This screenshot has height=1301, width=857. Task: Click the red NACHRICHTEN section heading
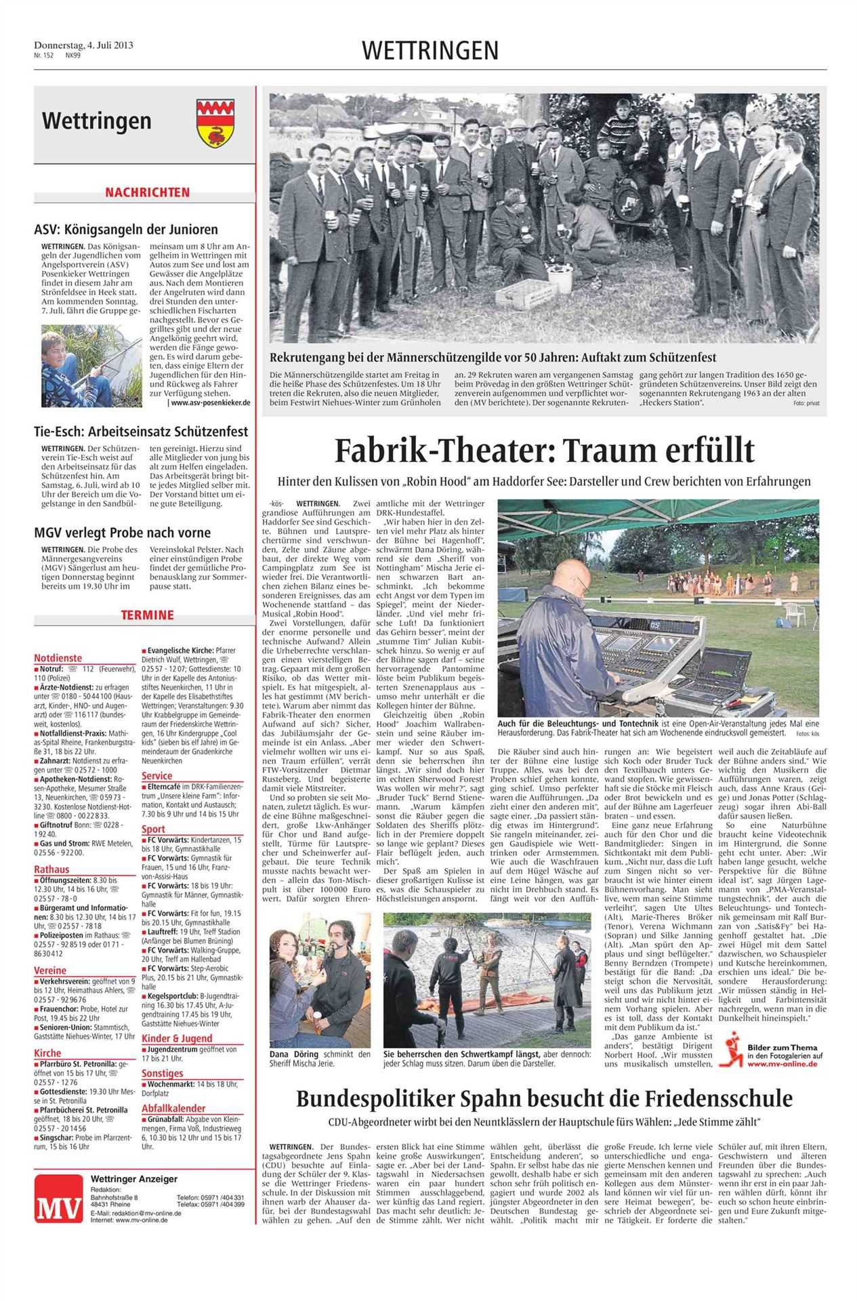point(147,192)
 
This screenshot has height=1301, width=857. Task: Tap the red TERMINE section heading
point(147,615)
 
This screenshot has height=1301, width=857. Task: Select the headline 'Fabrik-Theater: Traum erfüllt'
point(544,450)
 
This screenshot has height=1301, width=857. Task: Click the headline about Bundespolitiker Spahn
point(544,1097)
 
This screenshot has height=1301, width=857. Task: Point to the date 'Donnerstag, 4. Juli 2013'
point(83,45)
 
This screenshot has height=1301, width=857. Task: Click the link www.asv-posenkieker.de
point(209,402)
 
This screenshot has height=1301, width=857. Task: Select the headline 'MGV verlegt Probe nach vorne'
point(123,533)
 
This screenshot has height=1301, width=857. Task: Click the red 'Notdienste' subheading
point(58,657)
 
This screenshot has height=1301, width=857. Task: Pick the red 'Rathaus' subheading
point(52,869)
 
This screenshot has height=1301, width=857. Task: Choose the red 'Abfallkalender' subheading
point(174,1108)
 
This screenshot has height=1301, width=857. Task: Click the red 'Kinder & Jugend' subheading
point(177,1038)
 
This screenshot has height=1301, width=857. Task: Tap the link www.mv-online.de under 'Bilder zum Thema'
point(782,1065)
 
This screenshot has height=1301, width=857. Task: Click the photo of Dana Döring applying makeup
point(320,979)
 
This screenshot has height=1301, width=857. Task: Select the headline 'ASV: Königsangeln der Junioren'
point(126,230)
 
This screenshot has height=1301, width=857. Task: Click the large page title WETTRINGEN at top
point(430,50)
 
